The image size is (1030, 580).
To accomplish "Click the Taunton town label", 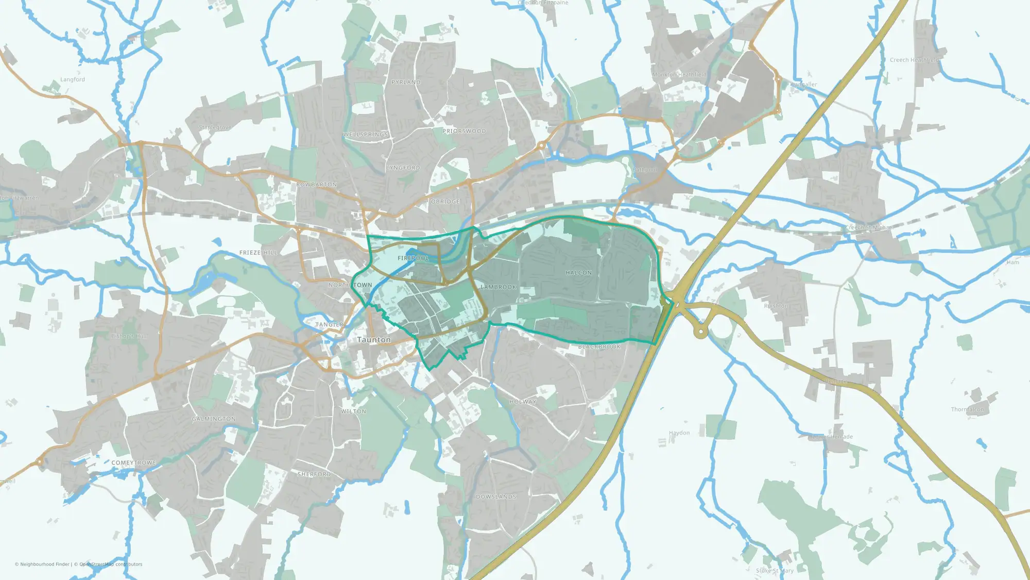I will [374, 340].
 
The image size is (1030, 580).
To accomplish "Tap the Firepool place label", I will [413, 258].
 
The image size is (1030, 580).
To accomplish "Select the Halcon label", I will [578, 273].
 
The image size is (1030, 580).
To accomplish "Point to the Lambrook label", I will [498, 287].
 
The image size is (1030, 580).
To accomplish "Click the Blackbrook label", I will [599, 347].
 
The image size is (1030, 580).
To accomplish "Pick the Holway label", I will [523, 402].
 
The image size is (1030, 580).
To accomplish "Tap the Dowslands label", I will [495, 496].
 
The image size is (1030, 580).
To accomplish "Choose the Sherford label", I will [314, 474].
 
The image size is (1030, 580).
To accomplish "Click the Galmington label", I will [214, 419].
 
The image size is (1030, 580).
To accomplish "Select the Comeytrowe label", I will [133, 462].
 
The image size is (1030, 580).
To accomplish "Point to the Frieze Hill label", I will [259, 253].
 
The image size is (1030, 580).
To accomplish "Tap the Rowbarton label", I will [317, 184].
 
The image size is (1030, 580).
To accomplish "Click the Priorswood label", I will [464, 131].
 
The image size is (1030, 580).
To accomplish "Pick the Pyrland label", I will [406, 82].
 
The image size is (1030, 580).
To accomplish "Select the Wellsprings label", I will [366, 135].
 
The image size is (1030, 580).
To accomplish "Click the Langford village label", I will [73, 79].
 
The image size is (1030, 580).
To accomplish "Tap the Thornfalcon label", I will [967, 409].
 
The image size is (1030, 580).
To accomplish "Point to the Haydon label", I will [679, 433].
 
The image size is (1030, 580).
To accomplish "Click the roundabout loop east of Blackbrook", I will [700, 331].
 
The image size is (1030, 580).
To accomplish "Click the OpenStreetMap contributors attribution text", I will [111, 564].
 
